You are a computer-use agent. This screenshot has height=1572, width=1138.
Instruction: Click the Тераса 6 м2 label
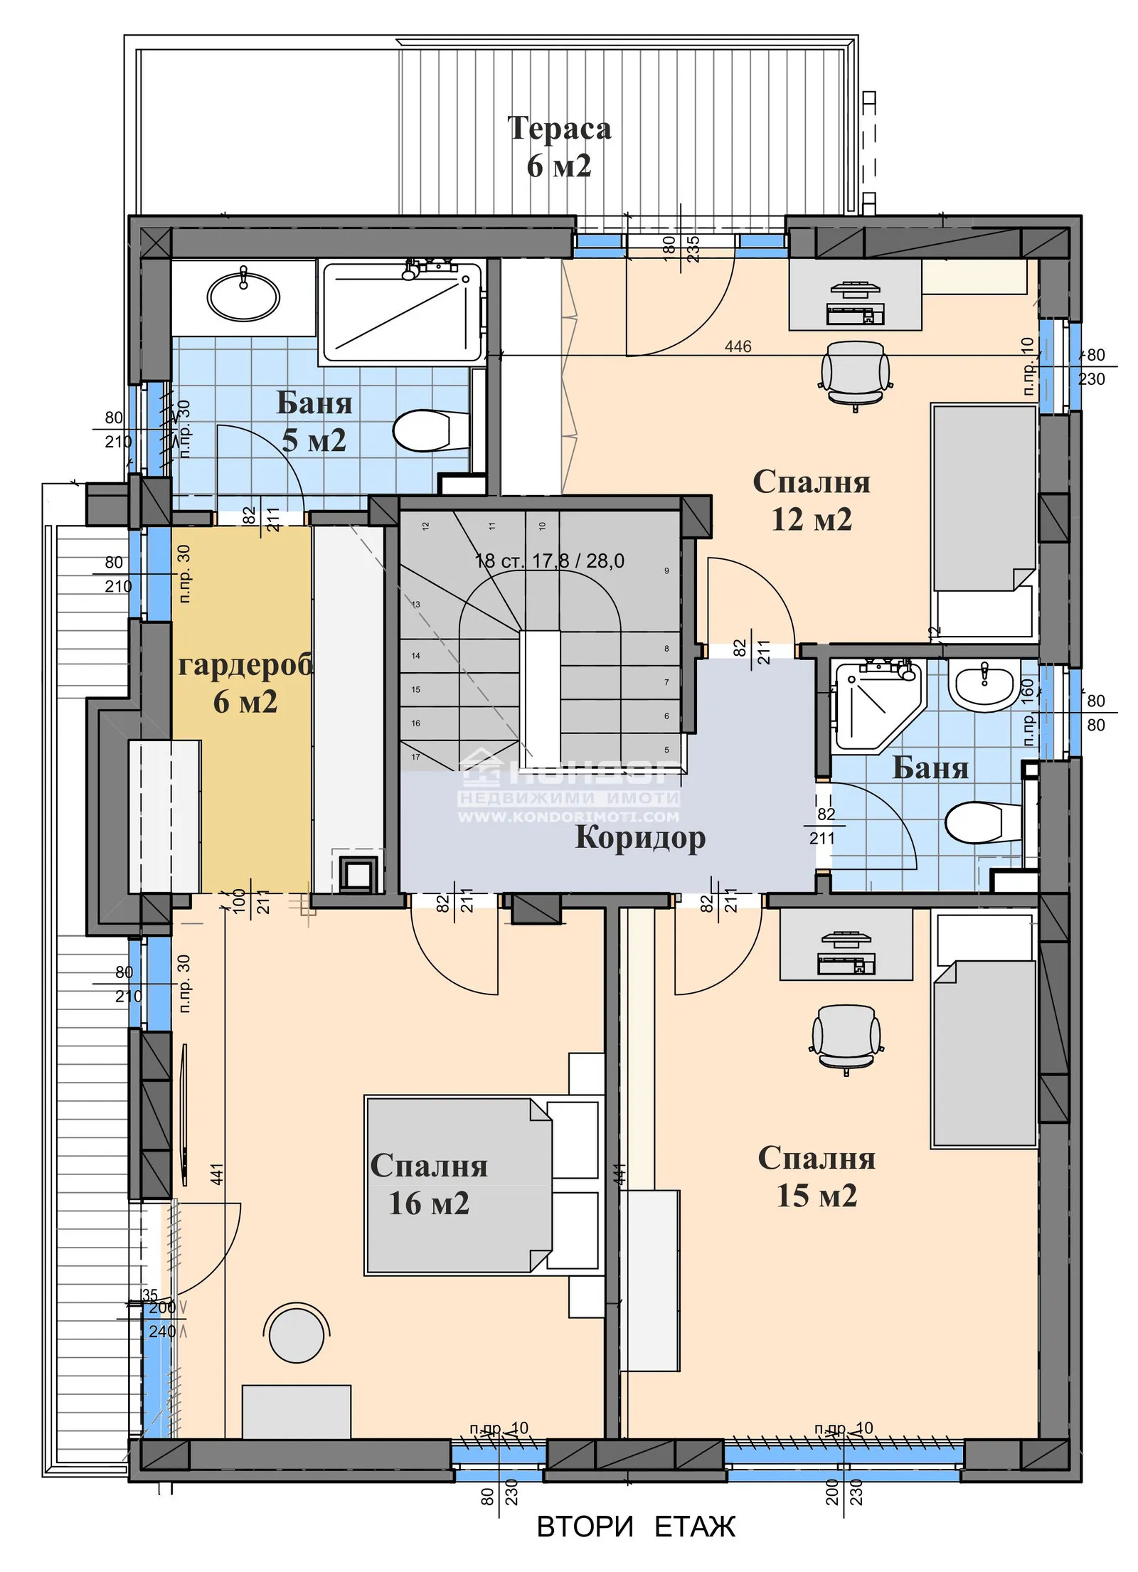pyautogui.click(x=559, y=147)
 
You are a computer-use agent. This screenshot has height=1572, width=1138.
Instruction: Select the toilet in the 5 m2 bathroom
pyautogui.click(x=427, y=430)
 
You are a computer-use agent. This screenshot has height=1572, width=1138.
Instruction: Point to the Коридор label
pyautogui.click(x=639, y=837)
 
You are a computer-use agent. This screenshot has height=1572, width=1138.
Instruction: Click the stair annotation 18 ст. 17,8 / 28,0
pyautogui.click(x=549, y=561)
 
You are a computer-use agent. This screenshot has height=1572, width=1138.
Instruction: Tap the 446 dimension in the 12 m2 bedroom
pyautogui.click(x=738, y=346)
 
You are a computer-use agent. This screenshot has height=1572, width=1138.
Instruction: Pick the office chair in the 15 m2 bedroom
pyautogui.click(x=846, y=1038)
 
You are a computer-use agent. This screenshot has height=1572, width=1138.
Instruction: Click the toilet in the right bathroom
pyautogui.click(x=982, y=822)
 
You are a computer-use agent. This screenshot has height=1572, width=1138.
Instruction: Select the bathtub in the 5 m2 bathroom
pyautogui.click(x=402, y=313)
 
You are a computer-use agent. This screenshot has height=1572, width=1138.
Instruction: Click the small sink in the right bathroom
pyautogui.click(x=985, y=684)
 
